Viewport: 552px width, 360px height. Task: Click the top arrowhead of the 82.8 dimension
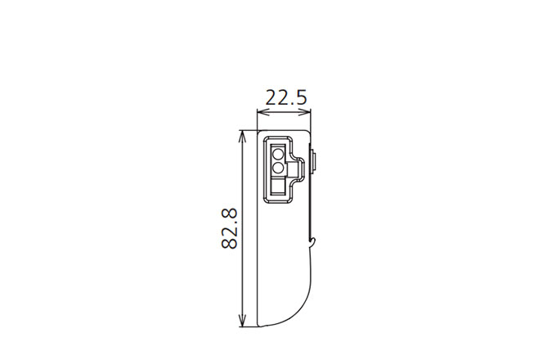pos(242,133)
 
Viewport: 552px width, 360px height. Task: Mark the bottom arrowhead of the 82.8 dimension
pos(242,323)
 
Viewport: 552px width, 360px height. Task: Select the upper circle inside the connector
pos(277,153)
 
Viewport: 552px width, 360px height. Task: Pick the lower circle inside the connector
pos(277,167)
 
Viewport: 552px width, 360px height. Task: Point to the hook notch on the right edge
pos(312,241)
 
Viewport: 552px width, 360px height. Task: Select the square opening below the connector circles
pos(278,190)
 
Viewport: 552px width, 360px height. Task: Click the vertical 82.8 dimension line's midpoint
pos(242,228)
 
